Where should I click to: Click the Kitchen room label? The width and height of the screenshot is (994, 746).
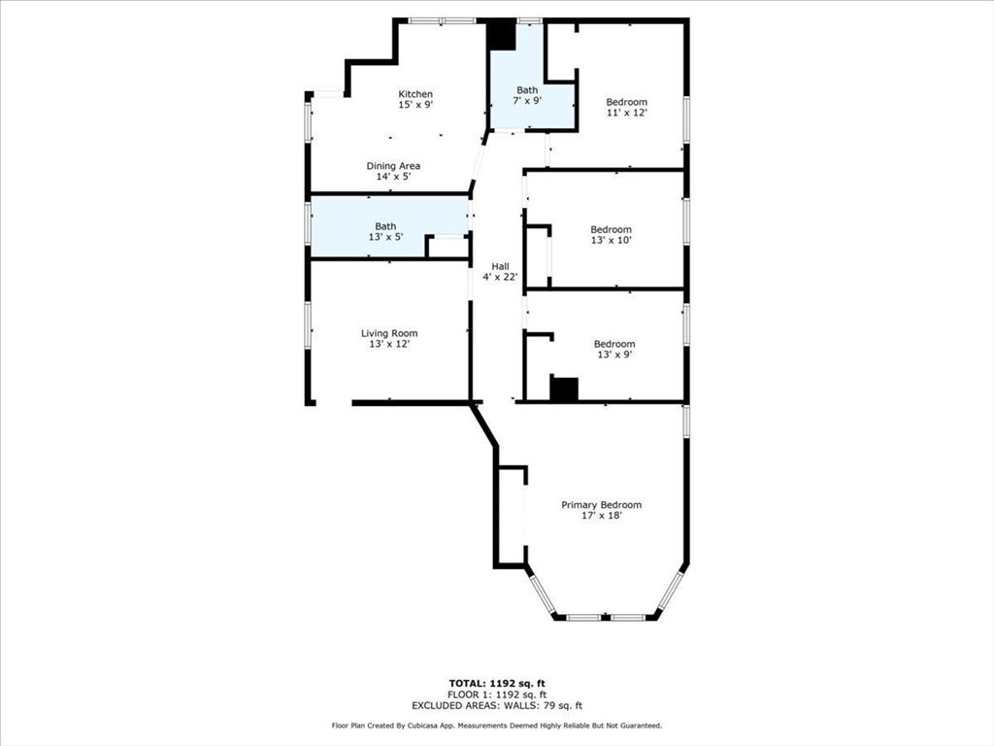pyautogui.click(x=415, y=94)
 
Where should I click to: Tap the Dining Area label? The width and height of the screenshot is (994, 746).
pyautogui.click(x=393, y=166)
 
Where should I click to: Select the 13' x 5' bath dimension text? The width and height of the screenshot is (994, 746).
pyautogui.click(x=385, y=237)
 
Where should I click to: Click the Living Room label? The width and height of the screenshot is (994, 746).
pyautogui.click(x=389, y=333)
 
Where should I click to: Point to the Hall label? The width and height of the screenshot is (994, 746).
pyautogui.click(x=500, y=266)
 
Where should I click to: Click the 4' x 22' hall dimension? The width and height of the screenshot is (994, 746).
pyautogui.click(x=500, y=277)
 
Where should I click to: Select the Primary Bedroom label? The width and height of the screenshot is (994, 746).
pyautogui.click(x=601, y=505)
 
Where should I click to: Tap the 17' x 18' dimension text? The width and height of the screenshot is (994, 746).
pyautogui.click(x=601, y=516)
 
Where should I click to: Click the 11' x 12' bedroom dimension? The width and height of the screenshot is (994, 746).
pyautogui.click(x=626, y=113)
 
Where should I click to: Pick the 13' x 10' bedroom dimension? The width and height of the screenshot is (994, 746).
pyautogui.click(x=611, y=241)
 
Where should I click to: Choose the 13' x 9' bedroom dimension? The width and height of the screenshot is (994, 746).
pyautogui.click(x=613, y=355)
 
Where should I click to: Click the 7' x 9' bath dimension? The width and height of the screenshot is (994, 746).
pyautogui.click(x=526, y=100)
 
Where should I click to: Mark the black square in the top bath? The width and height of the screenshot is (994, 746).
pyautogui.click(x=501, y=36)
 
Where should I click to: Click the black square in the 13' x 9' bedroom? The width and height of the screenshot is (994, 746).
pyautogui.click(x=564, y=389)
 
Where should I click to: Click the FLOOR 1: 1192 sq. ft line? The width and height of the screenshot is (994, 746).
pyautogui.click(x=496, y=695)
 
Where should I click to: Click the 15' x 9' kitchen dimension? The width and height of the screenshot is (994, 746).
pyautogui.click(x=415, y=105)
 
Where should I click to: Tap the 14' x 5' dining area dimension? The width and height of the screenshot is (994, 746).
pyautogui.click(x=393, y=177)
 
